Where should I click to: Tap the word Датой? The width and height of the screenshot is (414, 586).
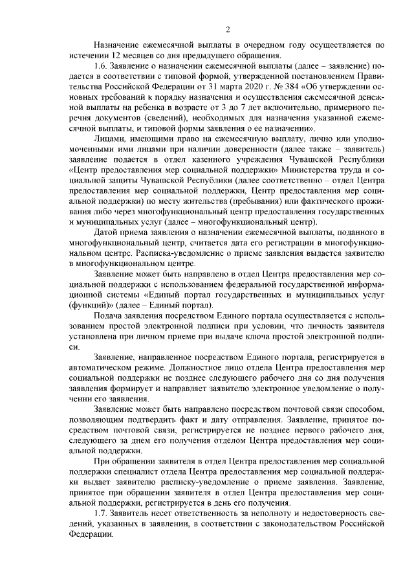[107, 231]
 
